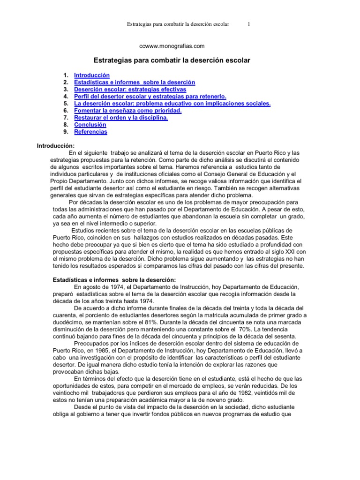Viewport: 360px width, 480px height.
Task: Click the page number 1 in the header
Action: tap(249, 24)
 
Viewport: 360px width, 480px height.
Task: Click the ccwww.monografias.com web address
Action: tap(172, 46)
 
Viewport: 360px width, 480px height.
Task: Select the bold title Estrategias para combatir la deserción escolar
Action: tap(172, 60)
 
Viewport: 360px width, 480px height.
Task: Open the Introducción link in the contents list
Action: tap(92, 75)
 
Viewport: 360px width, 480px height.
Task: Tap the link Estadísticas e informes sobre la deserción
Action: tap(135, 82)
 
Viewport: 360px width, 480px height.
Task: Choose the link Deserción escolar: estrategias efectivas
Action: tap(130, 90)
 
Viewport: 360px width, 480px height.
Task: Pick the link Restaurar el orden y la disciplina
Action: tap(121, 118)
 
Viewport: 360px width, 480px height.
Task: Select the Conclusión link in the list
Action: tap(90, 125)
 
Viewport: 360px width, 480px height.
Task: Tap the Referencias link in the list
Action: tap(90, 132)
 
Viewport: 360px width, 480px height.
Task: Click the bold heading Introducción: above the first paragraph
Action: tap(56, 146)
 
